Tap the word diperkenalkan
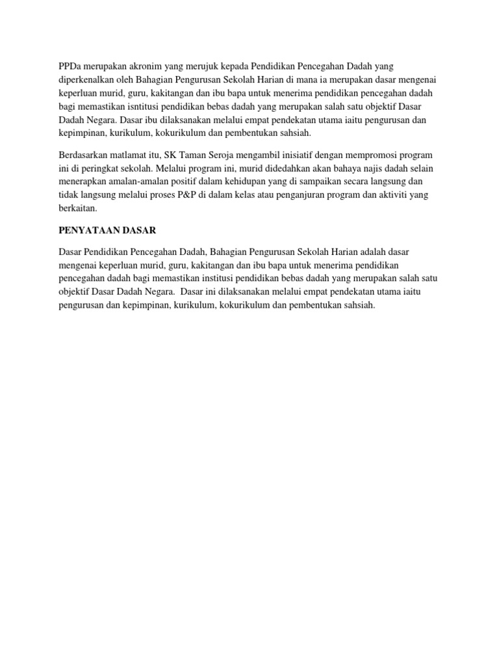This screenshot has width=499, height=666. coord(86,80)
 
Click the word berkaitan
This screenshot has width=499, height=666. coord(77,208)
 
